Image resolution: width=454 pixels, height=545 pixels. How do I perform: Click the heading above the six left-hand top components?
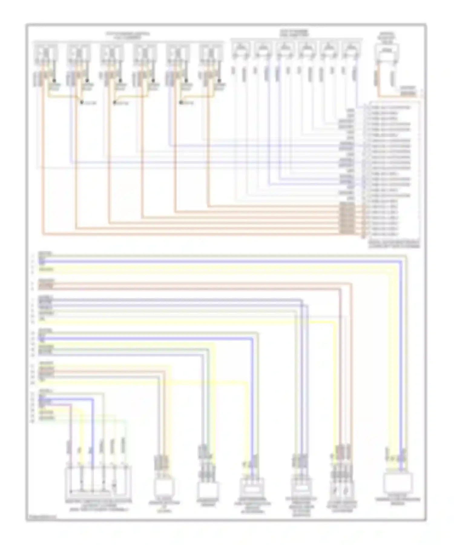coord(127,35)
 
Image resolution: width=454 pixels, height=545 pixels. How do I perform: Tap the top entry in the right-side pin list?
coord(390,108)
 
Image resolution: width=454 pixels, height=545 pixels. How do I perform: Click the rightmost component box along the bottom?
coord(398,482)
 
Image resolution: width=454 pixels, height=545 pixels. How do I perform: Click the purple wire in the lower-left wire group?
coord(71,424)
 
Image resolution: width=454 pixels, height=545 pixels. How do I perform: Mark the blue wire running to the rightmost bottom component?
coord(401,364)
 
